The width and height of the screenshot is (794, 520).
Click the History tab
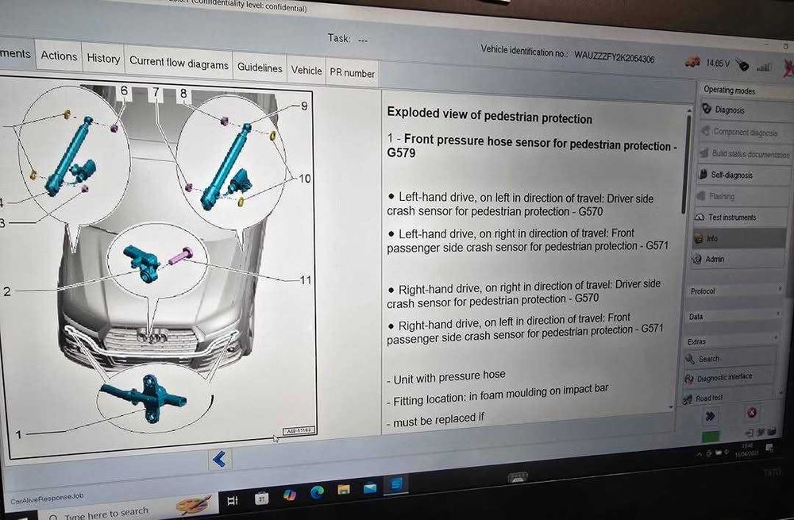coord(103,58)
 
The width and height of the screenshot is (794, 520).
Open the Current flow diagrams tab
coord(179,64)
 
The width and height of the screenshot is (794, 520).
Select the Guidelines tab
coord(260,68)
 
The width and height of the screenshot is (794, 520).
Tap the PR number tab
coord(352,73)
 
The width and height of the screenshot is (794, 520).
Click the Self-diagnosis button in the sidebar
coord(731,175)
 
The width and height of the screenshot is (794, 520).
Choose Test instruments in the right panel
coord(731,217)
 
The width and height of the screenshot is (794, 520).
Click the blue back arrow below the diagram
coord(220,458)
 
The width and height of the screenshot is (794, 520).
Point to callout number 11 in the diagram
coord(306,279)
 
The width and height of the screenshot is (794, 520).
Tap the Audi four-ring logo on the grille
coord(152,337)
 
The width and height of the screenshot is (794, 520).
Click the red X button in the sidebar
coord(751,414)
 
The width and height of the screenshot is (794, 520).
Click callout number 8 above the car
coord(183,94)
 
